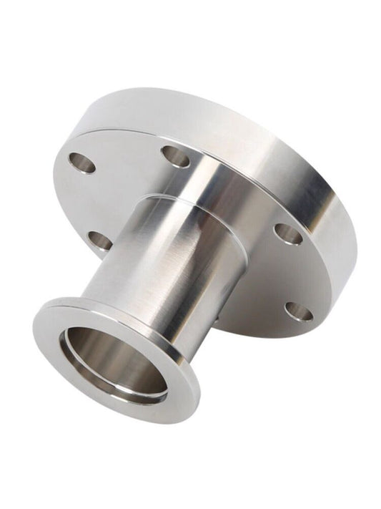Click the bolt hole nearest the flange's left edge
click(82, 163)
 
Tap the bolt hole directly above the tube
click(175, 156)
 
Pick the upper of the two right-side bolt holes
click(287, 233)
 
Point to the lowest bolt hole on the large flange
click(298, 311)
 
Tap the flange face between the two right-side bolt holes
click(300, 272)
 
